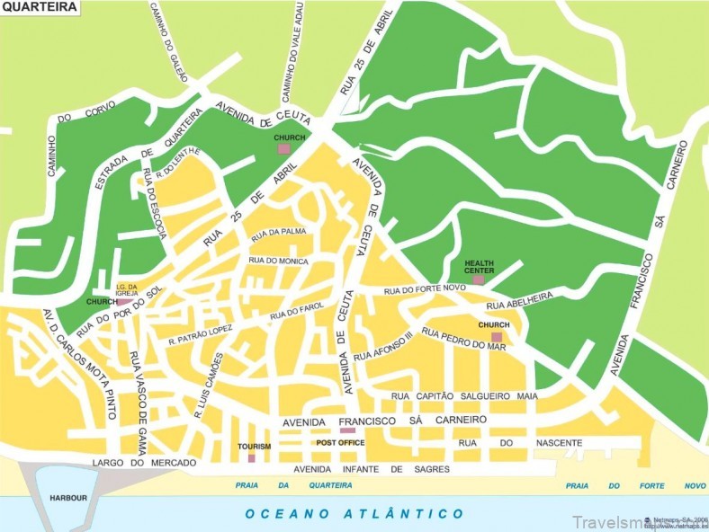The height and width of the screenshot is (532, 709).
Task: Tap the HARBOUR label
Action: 68,497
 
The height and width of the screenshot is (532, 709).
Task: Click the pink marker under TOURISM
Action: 251,458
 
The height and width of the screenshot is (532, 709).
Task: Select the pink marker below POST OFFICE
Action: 347,430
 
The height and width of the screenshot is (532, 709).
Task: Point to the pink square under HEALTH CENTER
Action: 478,280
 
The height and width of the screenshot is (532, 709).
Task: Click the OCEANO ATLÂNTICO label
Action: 354,514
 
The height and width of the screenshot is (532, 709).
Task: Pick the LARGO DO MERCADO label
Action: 131,463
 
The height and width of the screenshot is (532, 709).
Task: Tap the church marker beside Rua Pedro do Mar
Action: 496,337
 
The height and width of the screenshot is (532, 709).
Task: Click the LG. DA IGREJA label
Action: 126,288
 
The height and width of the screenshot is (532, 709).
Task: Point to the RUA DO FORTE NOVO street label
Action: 424,289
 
